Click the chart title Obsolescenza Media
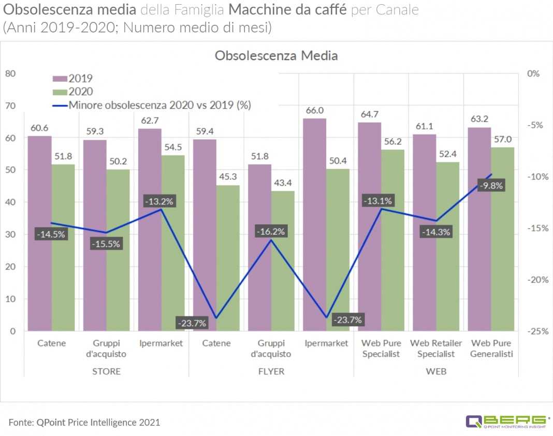click(x=276, y=55)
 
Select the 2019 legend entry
click(x=73, y=78)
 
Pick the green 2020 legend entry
click(x=73, y=92)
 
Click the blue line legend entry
click(x=152, y=105)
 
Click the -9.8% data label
click(x=490, y=186)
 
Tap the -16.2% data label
click(x=270, y=231)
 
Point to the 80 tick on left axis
click(x=10, y=74)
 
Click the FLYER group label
click(x=271, y=371)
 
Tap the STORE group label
click(x=106, y=371)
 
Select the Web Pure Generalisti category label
click(x=491, y=348)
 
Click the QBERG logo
click(x=507, y=421)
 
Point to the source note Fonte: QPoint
click(x=84, y=422)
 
